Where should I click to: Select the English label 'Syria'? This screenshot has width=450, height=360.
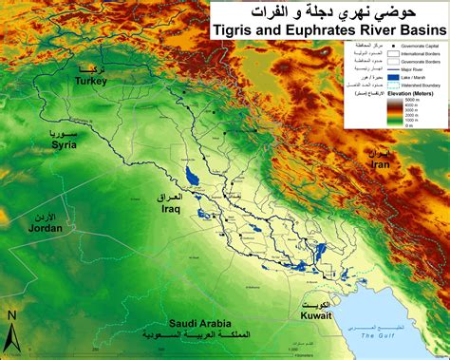[63, 144]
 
